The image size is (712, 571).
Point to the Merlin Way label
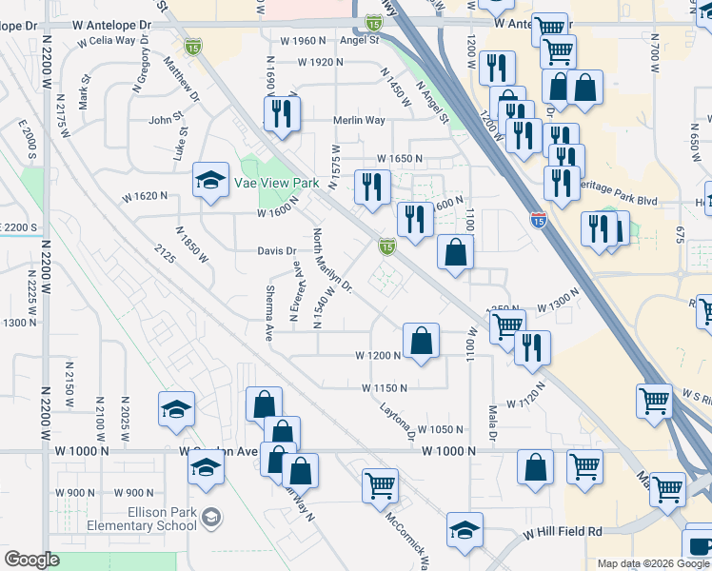click(359, 121)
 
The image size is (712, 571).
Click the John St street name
click(164, 121)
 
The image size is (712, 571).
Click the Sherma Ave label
click(270, 313)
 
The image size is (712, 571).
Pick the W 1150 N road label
click(384, 388)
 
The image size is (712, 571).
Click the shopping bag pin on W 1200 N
click(421, 340)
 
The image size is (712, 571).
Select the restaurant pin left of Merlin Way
click(284, 114)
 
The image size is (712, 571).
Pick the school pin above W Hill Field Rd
click(465, 530)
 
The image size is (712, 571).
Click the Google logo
click(31, 560)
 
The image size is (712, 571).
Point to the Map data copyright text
click(650, 563)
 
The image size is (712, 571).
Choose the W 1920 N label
click(319, 62)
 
